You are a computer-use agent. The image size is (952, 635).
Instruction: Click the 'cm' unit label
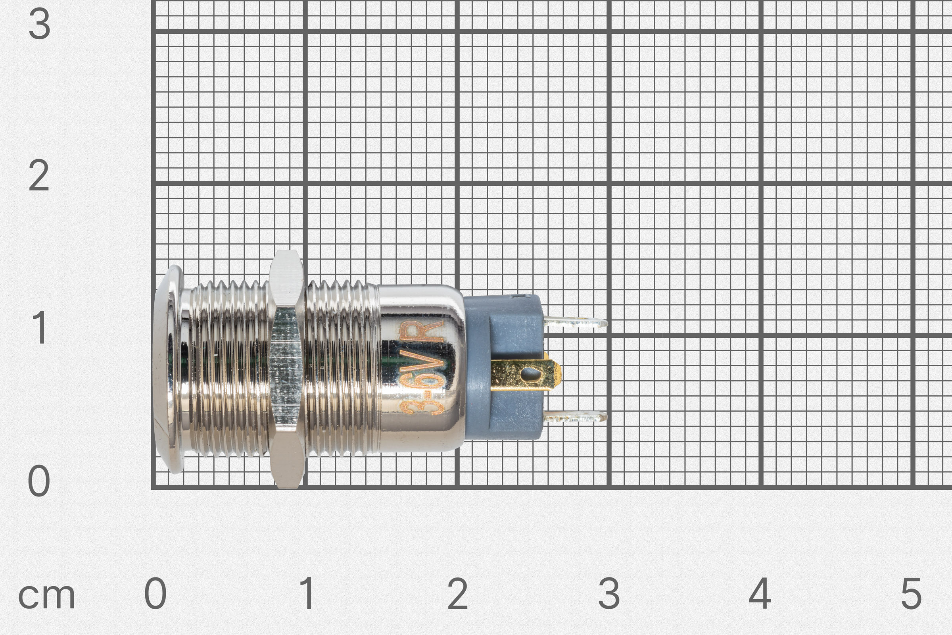(x=46, y=597)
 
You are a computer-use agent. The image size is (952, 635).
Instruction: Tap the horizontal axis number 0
(x=155, y=593)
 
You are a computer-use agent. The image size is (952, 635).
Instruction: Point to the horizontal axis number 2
(x=458, y=593)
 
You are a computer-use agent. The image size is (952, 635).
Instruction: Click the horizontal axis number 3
(x=609, y=593)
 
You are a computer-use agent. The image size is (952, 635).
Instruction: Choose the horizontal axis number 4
(x=760, y=593)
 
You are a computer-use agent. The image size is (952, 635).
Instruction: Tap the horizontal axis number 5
(x=911, y=593)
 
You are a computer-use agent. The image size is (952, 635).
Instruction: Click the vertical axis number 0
(x=39, y=481)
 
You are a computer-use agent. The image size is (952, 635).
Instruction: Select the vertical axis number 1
(x=40, y=328)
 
